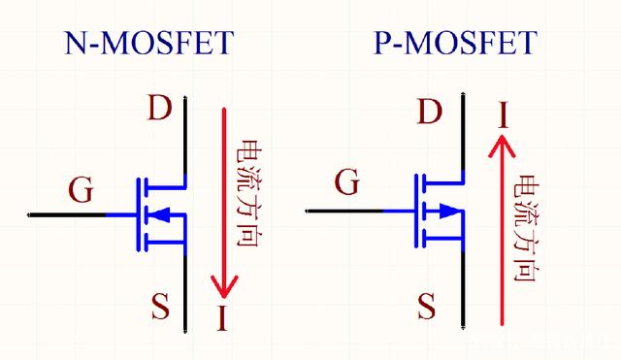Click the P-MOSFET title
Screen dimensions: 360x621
(454, 43)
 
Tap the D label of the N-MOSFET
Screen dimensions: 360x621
(160, 108)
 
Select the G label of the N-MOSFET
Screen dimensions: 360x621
(82, 189)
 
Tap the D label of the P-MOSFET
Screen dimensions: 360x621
(428, 113)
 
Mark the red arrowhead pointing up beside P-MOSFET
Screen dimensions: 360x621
(502, 147)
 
